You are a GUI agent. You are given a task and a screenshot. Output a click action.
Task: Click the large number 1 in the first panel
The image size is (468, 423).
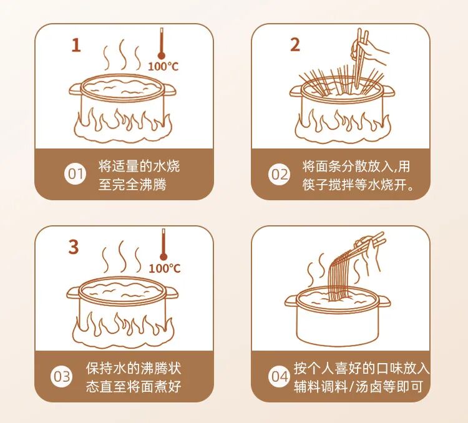click(76, 46)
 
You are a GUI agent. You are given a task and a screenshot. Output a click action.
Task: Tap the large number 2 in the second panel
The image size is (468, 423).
click(295, 45)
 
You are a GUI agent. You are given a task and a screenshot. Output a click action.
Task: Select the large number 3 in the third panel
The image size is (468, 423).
click(74, 247)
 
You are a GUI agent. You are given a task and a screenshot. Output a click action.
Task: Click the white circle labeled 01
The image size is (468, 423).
click(75, 174)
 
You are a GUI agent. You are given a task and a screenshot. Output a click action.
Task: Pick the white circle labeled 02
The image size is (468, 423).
click(279, 174)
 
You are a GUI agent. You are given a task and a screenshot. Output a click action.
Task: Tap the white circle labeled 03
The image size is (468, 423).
click(62, 377)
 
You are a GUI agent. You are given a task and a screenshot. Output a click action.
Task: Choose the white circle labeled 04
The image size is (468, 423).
click(279, 377)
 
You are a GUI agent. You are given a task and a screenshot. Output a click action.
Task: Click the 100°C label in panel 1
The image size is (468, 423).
click(163, 66)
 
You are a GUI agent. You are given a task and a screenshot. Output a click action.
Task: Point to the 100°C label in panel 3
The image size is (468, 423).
click(165, 268)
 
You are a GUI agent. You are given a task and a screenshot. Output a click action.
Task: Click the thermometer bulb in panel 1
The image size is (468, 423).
click(162, 56)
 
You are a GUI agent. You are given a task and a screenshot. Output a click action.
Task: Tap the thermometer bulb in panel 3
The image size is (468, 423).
click(163, 256)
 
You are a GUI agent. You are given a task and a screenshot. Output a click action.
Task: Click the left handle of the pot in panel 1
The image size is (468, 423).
click(76, 89)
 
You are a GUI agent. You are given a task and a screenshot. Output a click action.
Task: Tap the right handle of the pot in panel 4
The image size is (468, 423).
click(384, 301)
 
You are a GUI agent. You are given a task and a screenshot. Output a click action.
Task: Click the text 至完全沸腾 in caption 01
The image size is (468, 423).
click(132, 185)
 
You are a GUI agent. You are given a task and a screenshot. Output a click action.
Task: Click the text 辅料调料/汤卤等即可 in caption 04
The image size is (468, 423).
click(358, 387)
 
